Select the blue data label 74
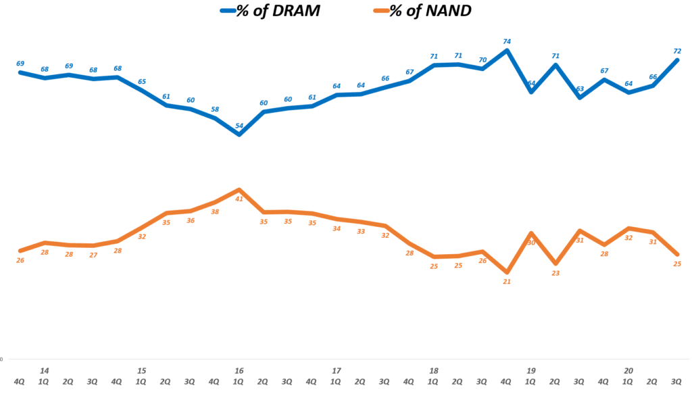click(x=507, y=41)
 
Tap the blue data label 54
click(x=239, y=126)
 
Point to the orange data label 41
click(x=239, y=199)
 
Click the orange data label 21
click(x=507, y=282)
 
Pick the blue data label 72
click(x=677, y=51)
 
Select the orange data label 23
click(x=555, y=273)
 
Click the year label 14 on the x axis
click(x=45, y=371)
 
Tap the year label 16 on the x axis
click(x=239, y=371)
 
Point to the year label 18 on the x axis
click(x=434, y=371)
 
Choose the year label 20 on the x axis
click(x=628, y=371)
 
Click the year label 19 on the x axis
click(x=531, y=371)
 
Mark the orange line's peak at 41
click(x=239, y=190)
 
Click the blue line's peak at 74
click(x=507, y=50)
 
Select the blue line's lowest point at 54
click(x=239, y=134)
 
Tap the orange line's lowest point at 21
click(x=507, y=272)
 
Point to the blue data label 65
click(x=142, y=82)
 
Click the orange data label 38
click(x=215, y=212)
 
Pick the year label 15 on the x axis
click(x=142, y=371)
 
